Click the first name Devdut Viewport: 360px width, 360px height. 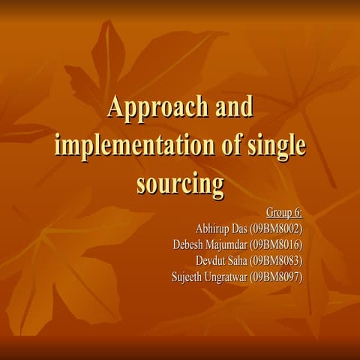tap(211, 260)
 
